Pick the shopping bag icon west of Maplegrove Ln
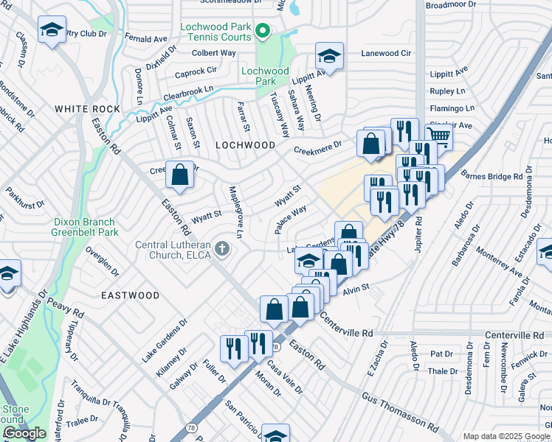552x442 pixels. pos(179,175)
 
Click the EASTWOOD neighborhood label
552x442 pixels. pos(130,295)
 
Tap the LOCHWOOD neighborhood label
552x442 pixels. pos(245,146)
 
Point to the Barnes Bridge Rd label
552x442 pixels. pos(491,177)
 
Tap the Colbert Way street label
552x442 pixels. pos(213,53)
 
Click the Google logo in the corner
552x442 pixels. pos(24,433)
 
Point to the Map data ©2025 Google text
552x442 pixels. pos(506,436)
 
